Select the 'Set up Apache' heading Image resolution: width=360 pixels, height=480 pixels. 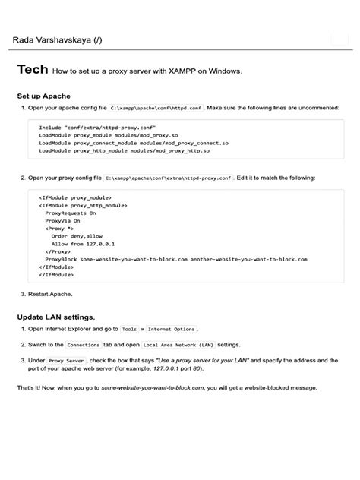click(x=44, y=96)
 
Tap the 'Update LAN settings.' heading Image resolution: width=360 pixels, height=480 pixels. click(x=56, y=316)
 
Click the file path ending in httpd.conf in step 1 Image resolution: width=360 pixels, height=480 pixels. click(x=156, y=109)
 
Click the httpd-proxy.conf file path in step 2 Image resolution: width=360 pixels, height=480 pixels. click(x=169, y=178)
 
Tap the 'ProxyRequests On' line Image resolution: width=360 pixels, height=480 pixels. click(x=70, y=213)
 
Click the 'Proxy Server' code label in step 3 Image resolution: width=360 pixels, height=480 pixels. click(x=65, y=360)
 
